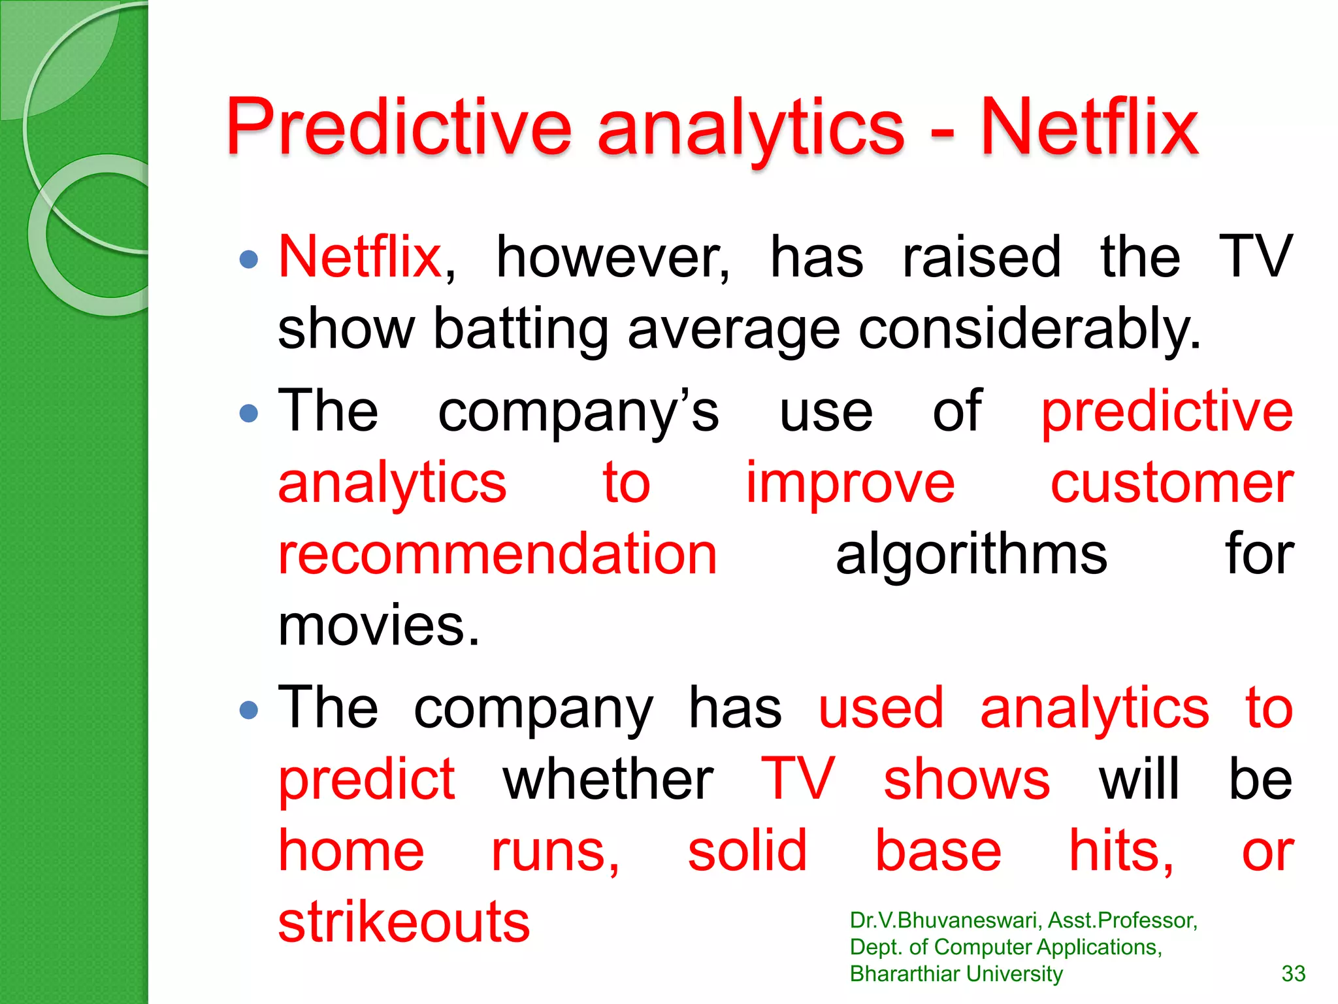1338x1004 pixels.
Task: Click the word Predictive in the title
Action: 399,127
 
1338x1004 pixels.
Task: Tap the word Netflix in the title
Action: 1089,127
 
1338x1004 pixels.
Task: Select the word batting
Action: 521,329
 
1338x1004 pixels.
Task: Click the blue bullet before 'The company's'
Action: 249,413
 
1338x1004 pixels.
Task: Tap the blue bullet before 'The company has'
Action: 249,710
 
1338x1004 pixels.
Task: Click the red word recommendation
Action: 498,554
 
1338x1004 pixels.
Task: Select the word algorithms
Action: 971,554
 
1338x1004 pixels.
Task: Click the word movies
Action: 378,626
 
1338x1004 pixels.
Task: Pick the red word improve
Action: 850,484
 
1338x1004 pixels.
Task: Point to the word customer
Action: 1171,484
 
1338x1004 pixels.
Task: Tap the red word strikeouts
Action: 404,922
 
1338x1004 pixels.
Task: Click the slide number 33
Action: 1293,974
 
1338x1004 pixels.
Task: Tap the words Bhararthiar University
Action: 956,974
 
